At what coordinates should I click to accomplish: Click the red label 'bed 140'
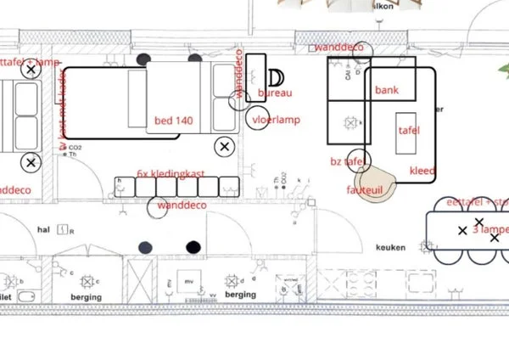click(x=173, y=121)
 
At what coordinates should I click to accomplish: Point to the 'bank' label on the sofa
click(x=387, y=90)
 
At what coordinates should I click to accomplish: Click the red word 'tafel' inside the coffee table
click(x=409, y=130)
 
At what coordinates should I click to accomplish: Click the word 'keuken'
click(x=390, y=248)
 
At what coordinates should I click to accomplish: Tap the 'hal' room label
click(x=43, y=229)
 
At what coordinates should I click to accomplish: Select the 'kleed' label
click(x=422, y=171)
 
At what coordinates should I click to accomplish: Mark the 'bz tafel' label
click(x=348, y=160)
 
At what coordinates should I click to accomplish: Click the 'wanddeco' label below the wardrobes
click(x=182, y=205)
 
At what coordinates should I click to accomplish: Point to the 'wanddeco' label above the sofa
click(x=338, y=48)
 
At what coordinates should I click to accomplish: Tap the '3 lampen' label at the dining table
click(x=490, y=230)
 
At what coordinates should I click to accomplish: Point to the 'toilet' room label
click(x=5, y=297)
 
